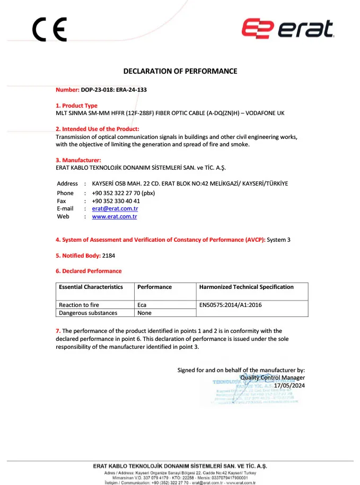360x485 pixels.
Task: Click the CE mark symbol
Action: [49, 30]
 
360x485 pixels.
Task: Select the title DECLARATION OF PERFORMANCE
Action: [180, 71]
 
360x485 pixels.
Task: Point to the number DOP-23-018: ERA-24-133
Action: [114, 90]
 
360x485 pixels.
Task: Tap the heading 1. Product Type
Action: [77, 105]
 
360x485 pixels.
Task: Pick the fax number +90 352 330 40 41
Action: [116, 201]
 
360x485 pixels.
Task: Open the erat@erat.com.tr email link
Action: [115, 209]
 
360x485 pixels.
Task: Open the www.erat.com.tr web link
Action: [115, 217]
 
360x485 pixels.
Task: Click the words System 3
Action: [279, 240]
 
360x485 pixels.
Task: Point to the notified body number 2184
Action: [109, 255]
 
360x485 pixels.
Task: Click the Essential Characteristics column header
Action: [91, 287]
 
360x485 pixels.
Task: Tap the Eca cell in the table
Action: [142, 305]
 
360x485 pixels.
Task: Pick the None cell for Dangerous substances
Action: [144, 313]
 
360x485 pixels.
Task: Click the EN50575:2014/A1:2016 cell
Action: [230, 305]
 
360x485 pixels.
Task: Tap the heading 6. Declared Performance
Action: [89, 271]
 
